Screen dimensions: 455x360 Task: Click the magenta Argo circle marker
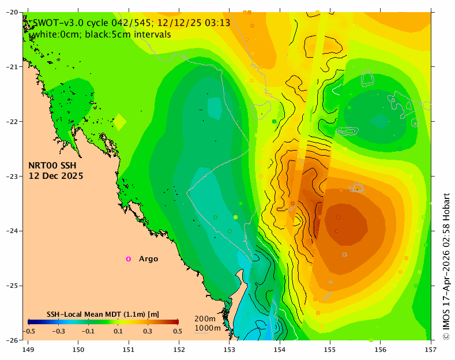pos(128,259)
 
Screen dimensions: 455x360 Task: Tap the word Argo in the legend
pos(148,258)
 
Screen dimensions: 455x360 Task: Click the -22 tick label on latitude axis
pos(12,121)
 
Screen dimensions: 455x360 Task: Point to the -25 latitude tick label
pos(12,286)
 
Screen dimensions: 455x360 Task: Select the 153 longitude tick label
pos(230,350)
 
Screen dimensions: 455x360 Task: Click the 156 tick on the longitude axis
pos(381,350)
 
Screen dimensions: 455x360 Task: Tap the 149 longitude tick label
pos(28,350)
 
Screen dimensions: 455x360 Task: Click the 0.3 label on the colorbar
pos(148,331)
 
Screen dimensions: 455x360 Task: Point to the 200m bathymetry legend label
pos(205,319)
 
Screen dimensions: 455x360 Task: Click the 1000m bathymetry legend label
pos(208,328)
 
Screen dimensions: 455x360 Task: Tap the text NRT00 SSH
pos(52,166)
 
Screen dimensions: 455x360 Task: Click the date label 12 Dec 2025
pos(56,176)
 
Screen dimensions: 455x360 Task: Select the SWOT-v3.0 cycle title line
pos(131,22)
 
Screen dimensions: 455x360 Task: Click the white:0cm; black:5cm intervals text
pos(102,34)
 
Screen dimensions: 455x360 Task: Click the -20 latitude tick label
pos(12,12)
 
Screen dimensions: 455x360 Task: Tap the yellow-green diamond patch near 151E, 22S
pos(119,122)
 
